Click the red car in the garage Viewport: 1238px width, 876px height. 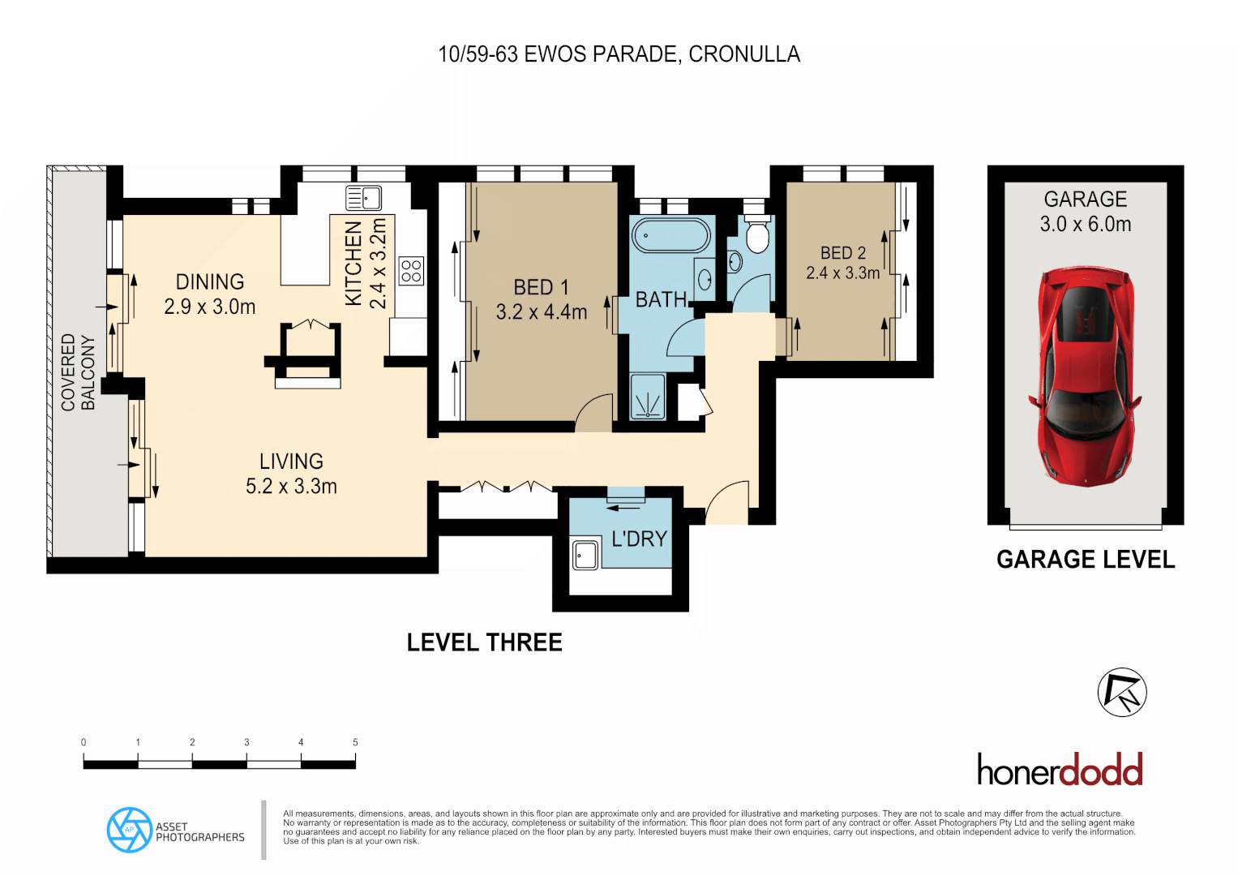pos(1086,377)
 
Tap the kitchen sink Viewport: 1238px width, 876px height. pos(363,198)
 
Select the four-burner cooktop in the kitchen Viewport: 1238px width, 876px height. pos(411,271)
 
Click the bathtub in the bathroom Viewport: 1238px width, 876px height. pos(670,235)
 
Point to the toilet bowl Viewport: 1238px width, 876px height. pos(757,235)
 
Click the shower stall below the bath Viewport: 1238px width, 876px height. pos(648,397)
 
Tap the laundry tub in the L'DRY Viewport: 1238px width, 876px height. pos(585,554)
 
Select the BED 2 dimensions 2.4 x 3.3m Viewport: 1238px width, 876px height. pos(843,273)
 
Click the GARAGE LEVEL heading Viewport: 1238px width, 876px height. pos(1086,560)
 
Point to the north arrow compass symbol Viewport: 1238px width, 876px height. pos(1122,693)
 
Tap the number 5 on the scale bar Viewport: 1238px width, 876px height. pos(355,742)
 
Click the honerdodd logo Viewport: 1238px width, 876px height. pos(1060,769)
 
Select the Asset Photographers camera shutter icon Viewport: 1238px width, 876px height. pos(130,830)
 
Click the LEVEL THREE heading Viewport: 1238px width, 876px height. pos(485,642)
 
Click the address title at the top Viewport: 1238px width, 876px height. pos(619,54)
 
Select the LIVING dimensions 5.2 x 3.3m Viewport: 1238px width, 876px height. pos(291,486)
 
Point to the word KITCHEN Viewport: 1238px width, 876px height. pos(353,264)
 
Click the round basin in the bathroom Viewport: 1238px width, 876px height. pos(705,280)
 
